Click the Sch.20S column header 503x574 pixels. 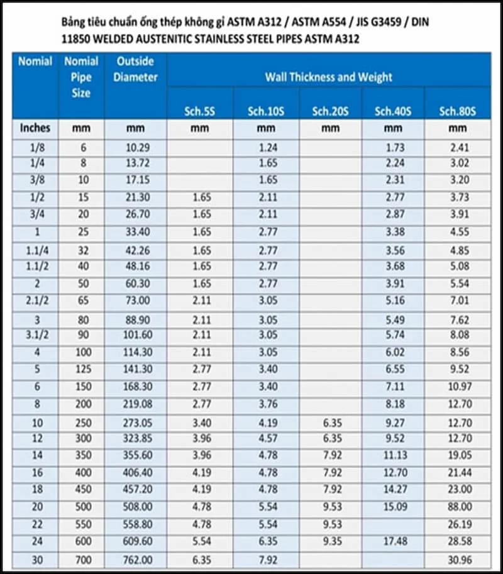click(330, 112)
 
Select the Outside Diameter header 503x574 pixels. click(136, 70)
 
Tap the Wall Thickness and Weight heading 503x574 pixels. click(328, 77)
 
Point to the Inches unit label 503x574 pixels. click(35, 128)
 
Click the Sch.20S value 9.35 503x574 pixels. click(330, 540)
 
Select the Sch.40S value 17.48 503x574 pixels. click(393, 540)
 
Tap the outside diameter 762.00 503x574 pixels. click(136, 558)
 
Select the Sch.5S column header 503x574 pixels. click(200, 112)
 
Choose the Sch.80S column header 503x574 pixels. click(457, 112)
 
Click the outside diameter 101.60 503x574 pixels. click(136, 334)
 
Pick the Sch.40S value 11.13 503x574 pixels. click(393, 455)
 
